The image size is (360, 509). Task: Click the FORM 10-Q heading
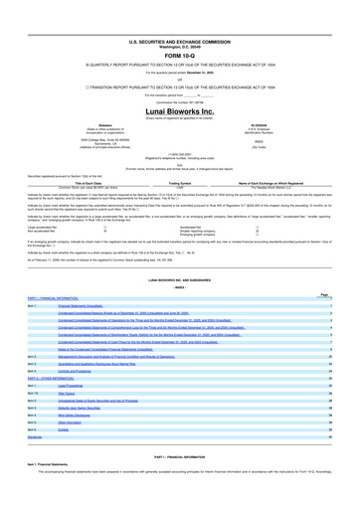tap(180, 28)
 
